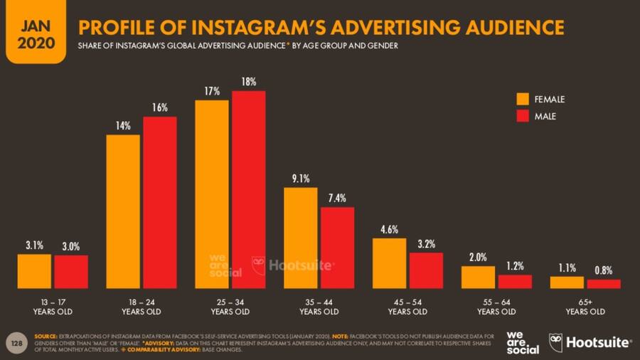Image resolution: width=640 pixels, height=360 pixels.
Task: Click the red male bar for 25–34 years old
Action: coord(248,189)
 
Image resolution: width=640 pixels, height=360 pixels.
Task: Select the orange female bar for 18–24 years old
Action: coord(123,211)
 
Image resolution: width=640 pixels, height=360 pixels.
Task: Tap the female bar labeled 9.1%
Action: coord(300,238)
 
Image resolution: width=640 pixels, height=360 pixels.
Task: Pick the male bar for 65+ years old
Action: coord(603,284)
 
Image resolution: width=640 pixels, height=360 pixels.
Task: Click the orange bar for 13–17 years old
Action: coord(34,271)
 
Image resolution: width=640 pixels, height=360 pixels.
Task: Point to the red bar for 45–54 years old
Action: coord(426,270)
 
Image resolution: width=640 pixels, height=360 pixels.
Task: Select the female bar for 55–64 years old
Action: coord(478,277)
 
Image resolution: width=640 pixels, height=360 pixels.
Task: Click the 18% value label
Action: coord(249,83)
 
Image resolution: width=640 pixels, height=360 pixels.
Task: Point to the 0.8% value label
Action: coord(603,270)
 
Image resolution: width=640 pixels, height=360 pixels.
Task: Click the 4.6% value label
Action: coord(389,229)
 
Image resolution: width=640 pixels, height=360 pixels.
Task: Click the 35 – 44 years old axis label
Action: coord(319,307)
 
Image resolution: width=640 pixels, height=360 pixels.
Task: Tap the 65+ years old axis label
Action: coord(585,307)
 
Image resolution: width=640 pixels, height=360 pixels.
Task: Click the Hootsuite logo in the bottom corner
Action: coord(590,342)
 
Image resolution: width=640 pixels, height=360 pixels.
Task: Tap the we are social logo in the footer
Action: coord(523,342)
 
